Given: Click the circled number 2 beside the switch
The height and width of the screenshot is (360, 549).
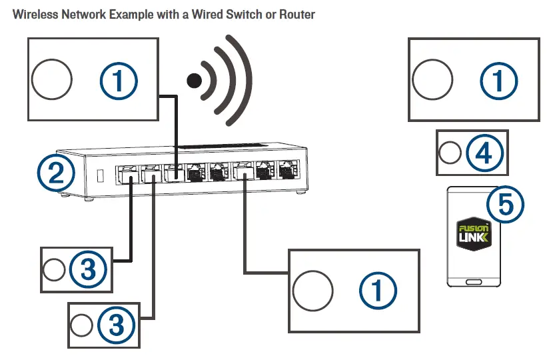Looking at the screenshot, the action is point(56,173).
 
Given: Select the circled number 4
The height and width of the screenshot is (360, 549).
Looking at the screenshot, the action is point(485,153).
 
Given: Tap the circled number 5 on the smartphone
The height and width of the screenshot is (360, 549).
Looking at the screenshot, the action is point(505,204).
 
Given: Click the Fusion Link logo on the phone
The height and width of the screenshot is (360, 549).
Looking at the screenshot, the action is point(474,233).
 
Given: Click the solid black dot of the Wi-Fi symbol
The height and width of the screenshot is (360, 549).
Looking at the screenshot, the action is point(195,81).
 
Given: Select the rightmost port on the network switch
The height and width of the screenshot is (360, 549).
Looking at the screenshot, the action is point(288,171).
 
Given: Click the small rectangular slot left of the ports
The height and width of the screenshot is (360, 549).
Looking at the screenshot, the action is point(100,176).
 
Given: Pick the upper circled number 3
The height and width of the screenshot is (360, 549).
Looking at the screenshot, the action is point(88,269).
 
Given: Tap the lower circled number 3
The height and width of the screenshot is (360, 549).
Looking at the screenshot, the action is point(116,325).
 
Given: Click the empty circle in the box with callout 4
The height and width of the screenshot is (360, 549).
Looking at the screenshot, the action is point(450,153).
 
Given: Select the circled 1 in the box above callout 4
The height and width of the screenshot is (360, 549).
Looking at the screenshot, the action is point(498,81).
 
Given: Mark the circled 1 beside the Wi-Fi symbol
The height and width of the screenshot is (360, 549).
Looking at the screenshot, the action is point(119,81).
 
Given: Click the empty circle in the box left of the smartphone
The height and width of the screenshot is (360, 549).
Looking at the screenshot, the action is point(312,291).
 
